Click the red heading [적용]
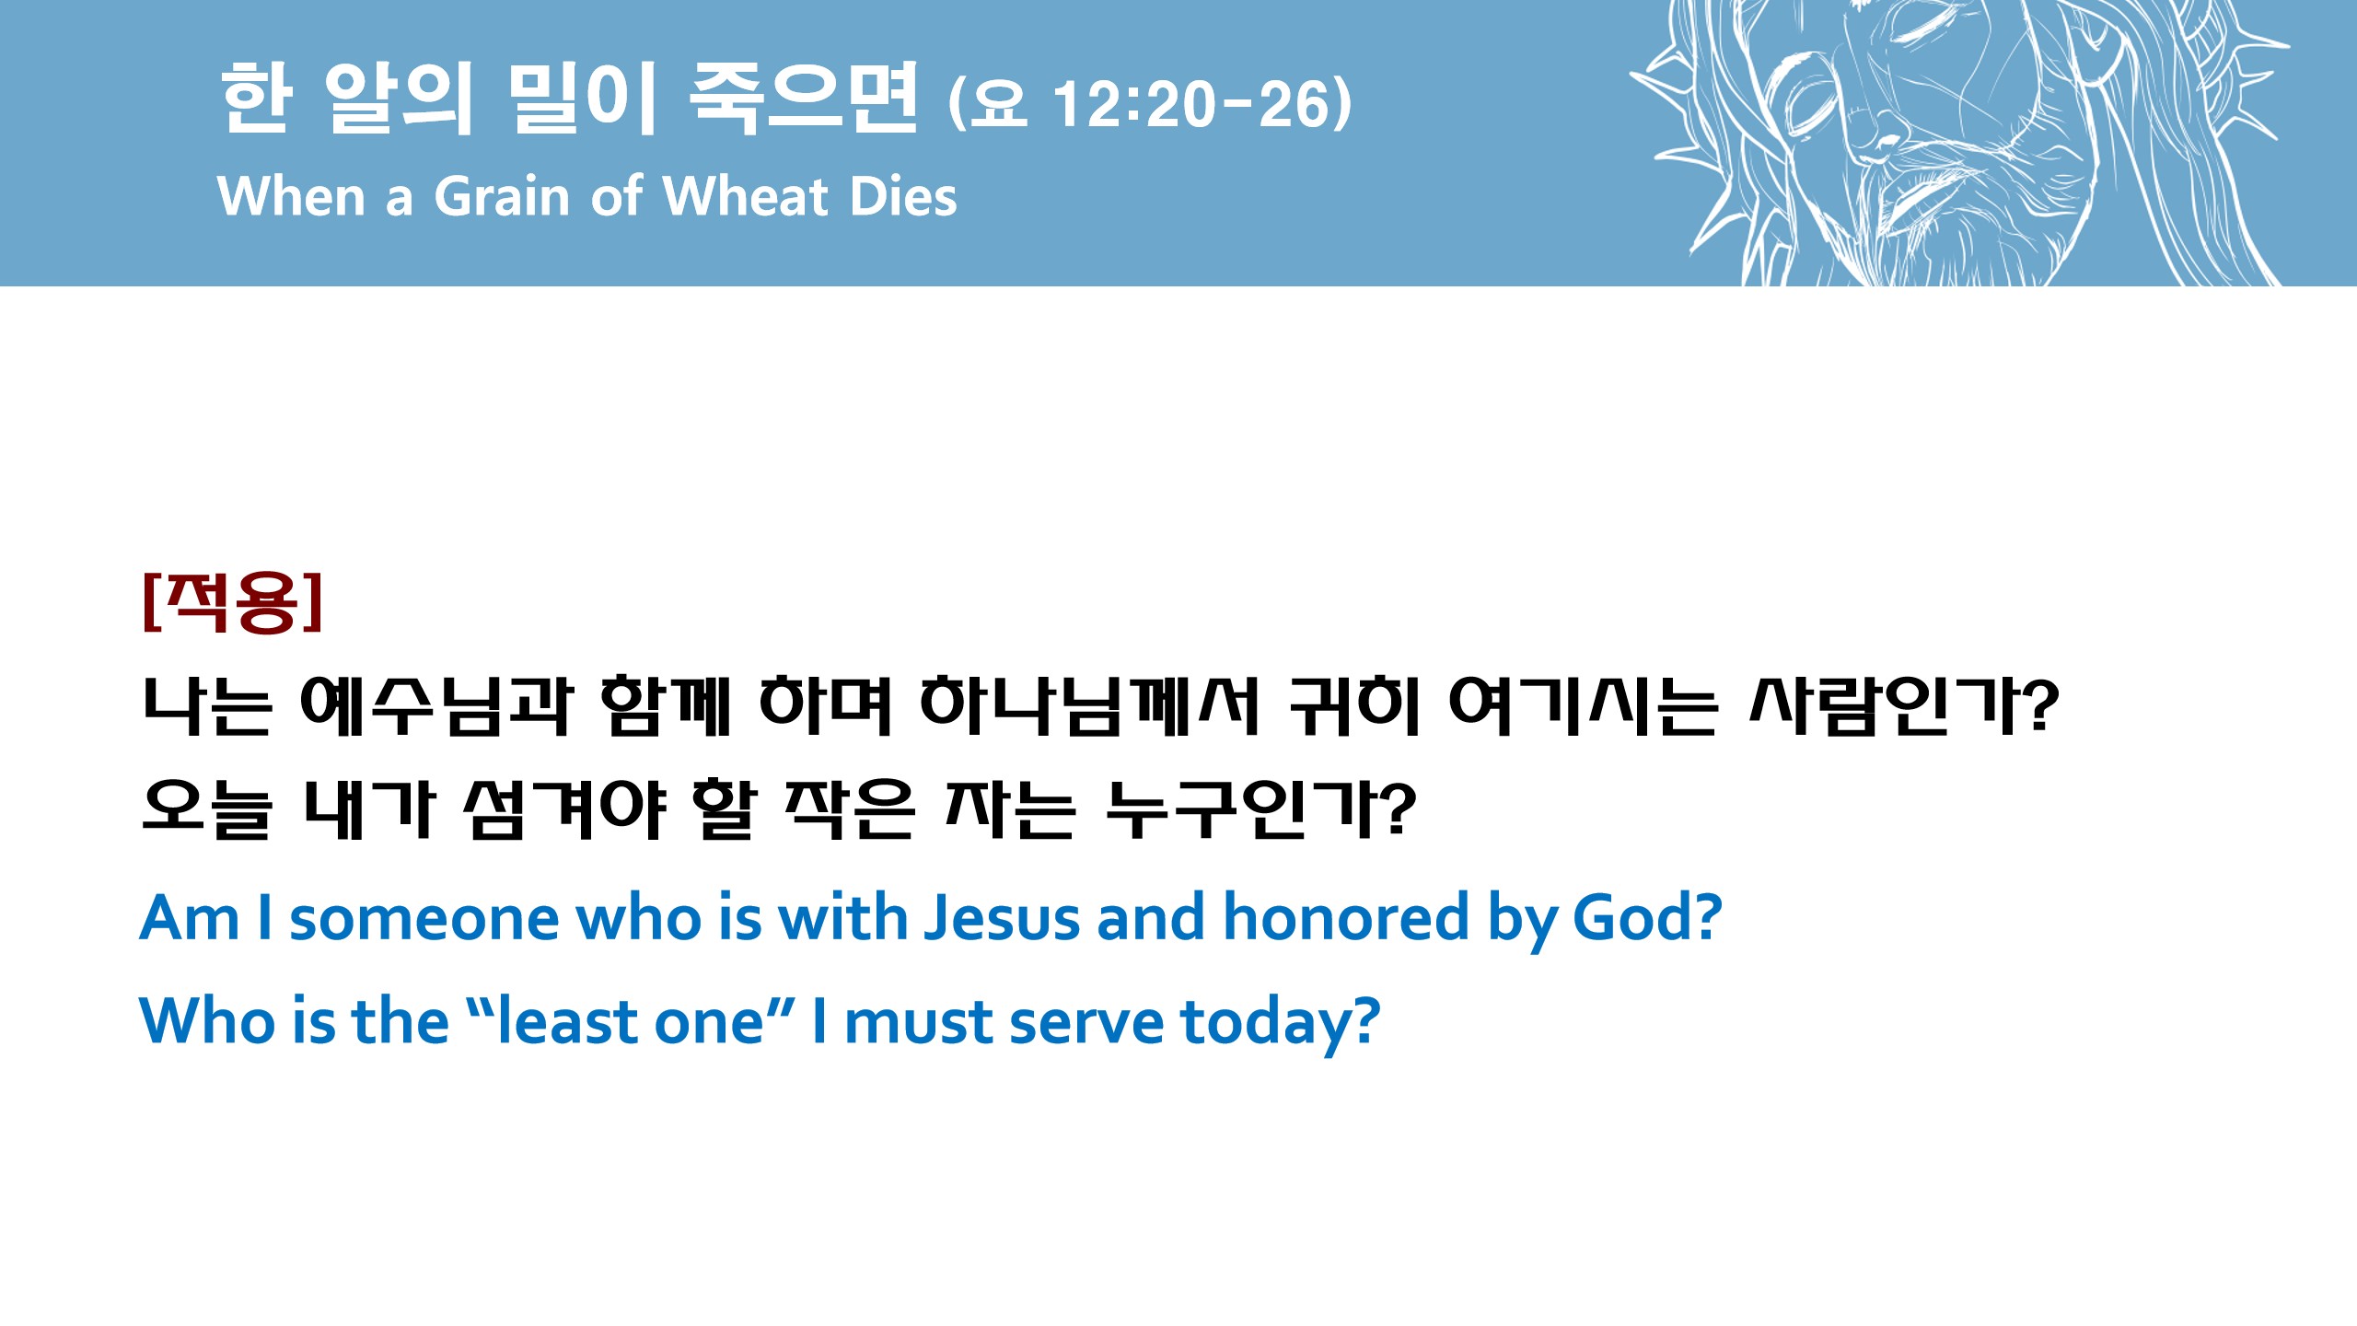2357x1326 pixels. tap(233, 601)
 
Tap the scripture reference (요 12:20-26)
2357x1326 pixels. tap(1150, 103)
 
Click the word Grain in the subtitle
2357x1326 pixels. tap(502, 196)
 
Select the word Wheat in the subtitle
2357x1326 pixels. tap(746, 196)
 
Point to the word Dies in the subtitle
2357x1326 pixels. tap(903, 196)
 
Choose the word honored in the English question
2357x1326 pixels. tap(1346, 918)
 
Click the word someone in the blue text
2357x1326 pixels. tap(424, 920)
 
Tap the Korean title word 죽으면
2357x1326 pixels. tap(804, 99)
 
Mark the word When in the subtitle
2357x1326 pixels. tap(292, 196)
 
